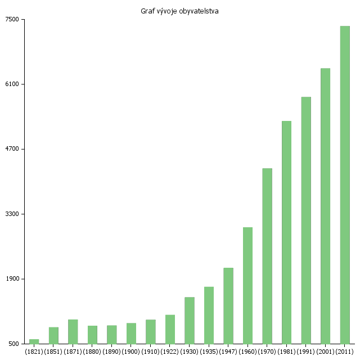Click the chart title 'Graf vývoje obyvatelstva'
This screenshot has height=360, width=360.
179,11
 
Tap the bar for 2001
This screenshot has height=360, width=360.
325,206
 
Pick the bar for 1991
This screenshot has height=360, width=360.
306,220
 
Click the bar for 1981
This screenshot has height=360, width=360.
286,232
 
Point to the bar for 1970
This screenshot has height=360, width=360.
267,256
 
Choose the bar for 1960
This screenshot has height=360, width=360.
247,285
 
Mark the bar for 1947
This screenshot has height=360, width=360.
228,305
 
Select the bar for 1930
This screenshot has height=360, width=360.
190,320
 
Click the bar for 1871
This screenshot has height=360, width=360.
73,331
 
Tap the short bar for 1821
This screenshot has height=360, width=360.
34,341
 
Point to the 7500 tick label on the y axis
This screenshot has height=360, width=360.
12,20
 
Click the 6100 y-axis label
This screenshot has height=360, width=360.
12,84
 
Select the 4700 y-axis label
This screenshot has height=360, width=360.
12,149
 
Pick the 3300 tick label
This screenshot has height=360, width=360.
12,214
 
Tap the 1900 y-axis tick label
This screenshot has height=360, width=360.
12,279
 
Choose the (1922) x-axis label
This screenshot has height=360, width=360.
170,352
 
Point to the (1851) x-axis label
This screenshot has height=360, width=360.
53,352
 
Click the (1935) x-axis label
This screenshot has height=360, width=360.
209,352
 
